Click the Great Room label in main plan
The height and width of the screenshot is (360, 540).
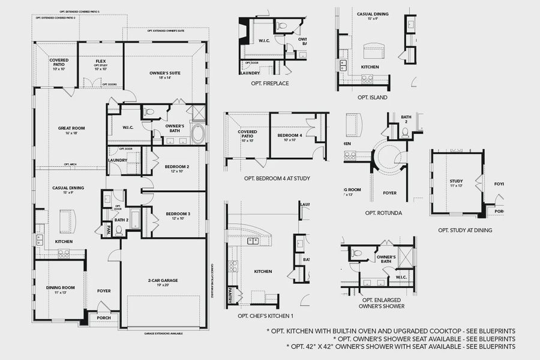72,128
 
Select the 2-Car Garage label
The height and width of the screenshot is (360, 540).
163,280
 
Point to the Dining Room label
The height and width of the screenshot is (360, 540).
61,287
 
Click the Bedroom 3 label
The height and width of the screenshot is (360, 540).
178,214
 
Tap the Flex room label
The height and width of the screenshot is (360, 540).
100,61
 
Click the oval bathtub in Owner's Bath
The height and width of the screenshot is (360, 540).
198,133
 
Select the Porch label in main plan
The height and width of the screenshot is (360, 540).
104,318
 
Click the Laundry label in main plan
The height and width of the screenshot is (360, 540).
118,160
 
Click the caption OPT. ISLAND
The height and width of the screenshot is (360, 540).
372,97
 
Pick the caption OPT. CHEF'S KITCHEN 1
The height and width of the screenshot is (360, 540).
266,316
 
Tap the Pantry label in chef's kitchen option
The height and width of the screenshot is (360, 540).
229,295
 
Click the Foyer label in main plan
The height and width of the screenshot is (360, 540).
104,291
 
